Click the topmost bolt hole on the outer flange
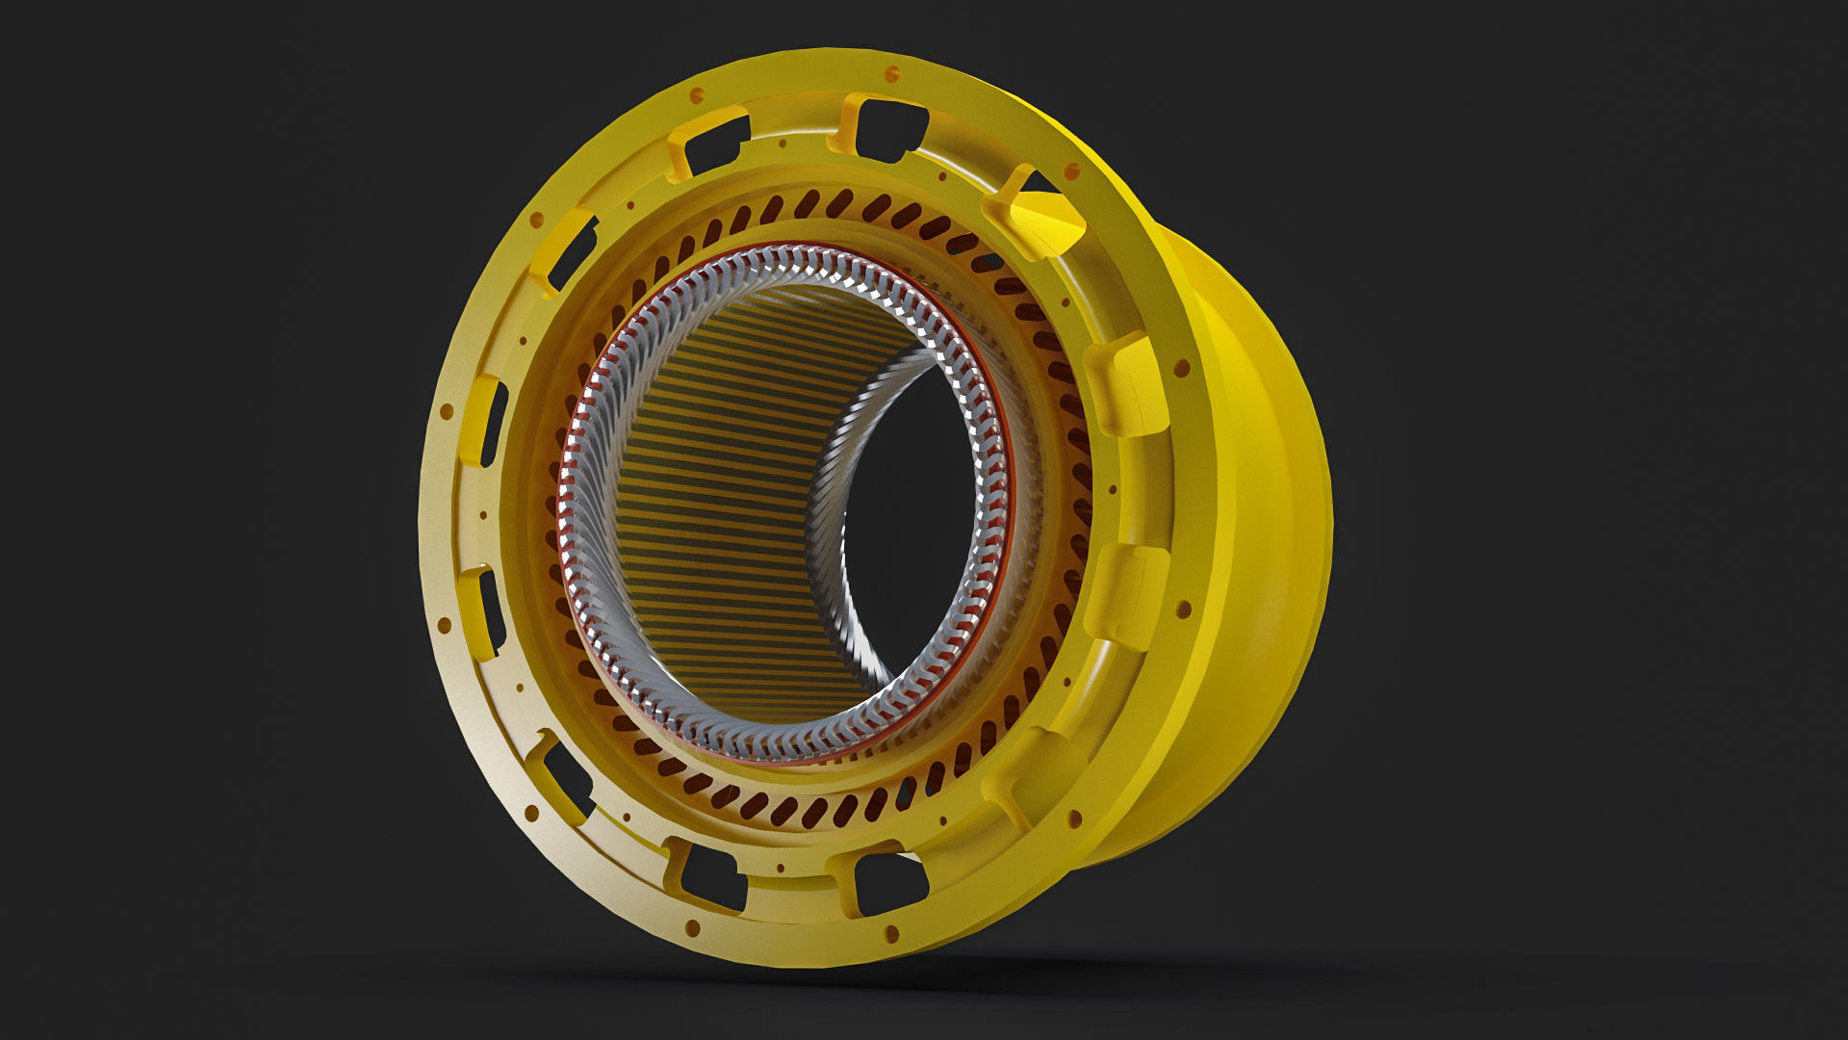(x=891, y=73)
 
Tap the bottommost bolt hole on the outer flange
(x=891, y=934)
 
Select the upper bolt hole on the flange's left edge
(x=446, y=411)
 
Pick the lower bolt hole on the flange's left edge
(x=445, y=626)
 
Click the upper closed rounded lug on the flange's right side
(x=1126, y=385)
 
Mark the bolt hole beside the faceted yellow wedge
(x=1071, y=172)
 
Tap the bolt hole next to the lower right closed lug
(x=1184, y=609)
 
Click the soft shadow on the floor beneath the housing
(x=866, y=973)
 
